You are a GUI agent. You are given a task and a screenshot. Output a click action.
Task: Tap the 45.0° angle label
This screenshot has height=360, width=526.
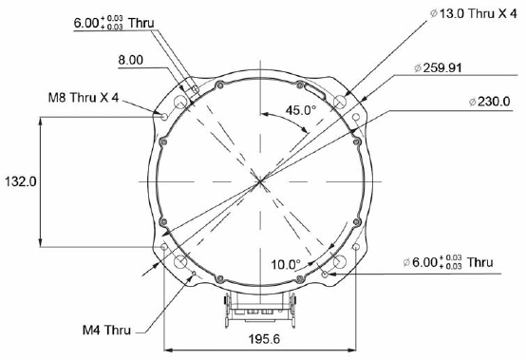click(303, 110)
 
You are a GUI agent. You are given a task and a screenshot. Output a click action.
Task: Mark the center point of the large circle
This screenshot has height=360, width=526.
click(260, 180)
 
